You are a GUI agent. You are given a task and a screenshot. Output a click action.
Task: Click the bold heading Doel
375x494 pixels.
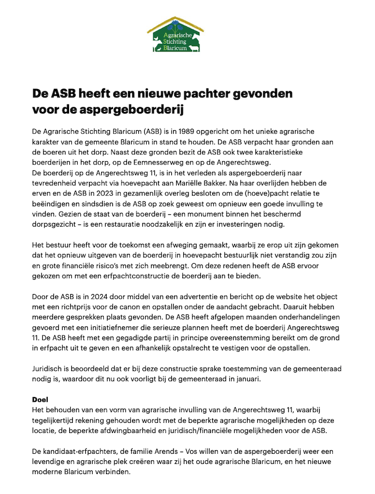pyautogui.click(x=41, y=399)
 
